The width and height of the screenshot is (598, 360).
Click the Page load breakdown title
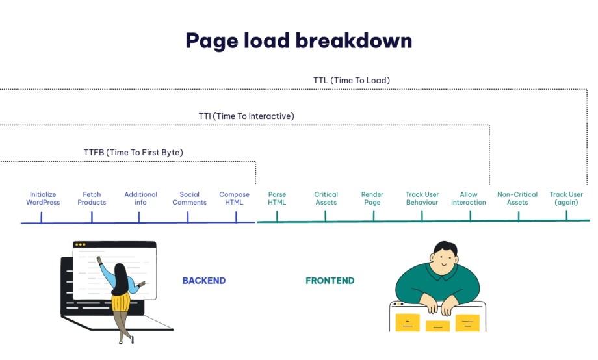point(298,41)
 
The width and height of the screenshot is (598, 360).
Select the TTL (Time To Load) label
point(351,80)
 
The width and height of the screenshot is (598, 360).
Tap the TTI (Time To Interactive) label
point(246,116)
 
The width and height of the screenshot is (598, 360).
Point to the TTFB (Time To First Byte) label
point(133,152)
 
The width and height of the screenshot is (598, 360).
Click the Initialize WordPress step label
point(43,198)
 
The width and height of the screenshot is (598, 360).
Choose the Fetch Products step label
point(92,198)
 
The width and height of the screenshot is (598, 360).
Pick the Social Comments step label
point(190,198)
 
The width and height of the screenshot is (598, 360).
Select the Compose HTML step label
point(234,198)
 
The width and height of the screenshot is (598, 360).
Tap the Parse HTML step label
point(277,198)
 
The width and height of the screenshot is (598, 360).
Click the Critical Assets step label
point(326,198)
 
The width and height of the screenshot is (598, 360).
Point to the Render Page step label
point(372,198)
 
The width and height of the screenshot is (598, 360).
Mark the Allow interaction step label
point(469,198)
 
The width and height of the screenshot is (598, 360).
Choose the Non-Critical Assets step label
point(517,198)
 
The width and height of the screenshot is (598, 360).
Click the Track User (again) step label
point(566,198)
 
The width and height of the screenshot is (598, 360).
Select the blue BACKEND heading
point(204,281)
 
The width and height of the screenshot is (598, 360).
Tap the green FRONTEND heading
point(330,281)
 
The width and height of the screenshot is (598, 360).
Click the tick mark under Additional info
point(139,217)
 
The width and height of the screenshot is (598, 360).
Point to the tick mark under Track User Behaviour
point(422,216)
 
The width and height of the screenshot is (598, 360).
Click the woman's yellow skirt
point(120,302)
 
